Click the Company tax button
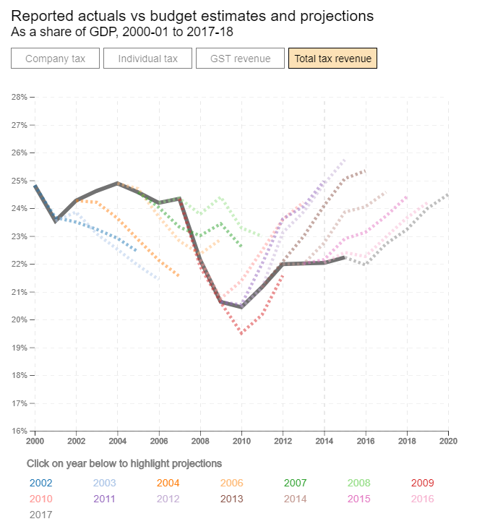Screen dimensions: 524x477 click(x=55, y=59)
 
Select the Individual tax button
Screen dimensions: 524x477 click(x=147, y=59)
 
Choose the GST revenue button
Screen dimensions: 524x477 click(x=240, y=59)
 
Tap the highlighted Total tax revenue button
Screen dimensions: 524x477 click(x=332, y=59)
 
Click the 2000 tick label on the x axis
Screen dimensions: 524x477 click(x=35, y=440)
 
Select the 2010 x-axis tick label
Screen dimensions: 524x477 click(x=241, y=440)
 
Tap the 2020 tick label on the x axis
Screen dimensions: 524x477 click(x=449, y=440)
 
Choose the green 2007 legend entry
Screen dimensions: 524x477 click(x=295, y=483)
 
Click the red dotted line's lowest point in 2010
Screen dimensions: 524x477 click(x=241, y=333)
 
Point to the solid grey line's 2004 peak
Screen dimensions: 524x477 click(x=117, y=183)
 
